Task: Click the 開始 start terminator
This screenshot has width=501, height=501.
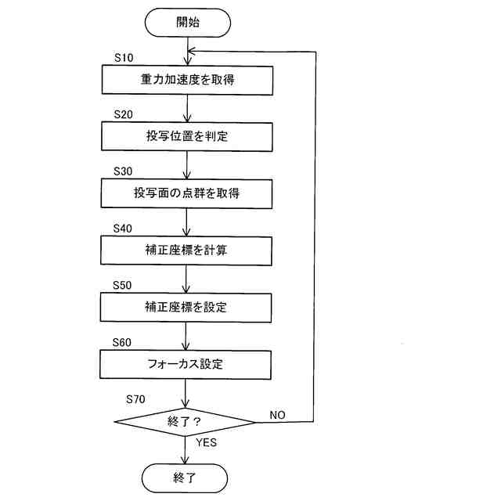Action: pos(187,22)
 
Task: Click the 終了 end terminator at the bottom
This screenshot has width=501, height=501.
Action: pos(186,477)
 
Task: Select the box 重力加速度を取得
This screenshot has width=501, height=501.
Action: pos(187,79)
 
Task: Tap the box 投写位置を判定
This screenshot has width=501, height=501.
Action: pos(187,136)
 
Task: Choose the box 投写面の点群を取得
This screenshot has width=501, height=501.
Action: pos(187,193)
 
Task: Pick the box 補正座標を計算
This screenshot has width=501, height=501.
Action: pos(187,250)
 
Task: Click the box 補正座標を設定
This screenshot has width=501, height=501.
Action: pos(187,307)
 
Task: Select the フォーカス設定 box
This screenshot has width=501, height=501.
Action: pos(187,363)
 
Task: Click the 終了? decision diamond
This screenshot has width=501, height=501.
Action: pos(186,422)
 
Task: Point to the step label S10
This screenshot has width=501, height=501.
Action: pos(124,58)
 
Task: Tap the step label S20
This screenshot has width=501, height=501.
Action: pos(124,114)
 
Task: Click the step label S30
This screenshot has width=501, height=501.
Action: pos(124,171)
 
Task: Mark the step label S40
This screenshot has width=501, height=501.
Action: pos(124,229)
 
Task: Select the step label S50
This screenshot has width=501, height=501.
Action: pos(124,286)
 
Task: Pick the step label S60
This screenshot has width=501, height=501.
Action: pos(124,343)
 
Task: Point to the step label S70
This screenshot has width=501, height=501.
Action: pos(136,399)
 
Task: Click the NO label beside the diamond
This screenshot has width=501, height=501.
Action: pos(277,413)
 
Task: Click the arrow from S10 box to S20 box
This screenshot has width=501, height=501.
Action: pos(187,107)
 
